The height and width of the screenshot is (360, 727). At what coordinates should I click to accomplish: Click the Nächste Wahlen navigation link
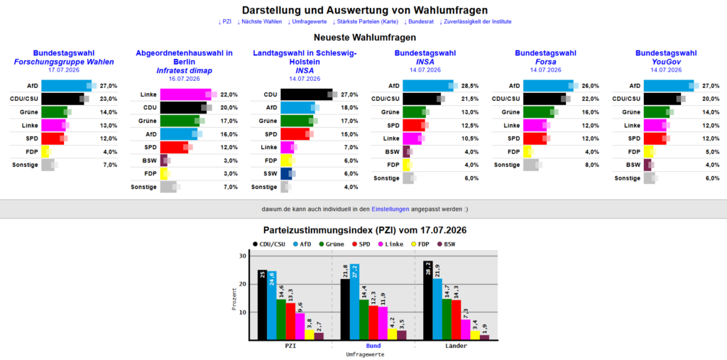pyautogui.click(x=259, y=22)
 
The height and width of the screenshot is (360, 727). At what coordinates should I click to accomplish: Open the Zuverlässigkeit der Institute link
pyautogui.click(x=475, y=22)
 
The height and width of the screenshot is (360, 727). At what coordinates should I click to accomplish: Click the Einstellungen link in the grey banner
pyautogui.click(x=390, y=209)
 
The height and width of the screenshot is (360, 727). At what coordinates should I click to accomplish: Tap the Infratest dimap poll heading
pyautogui.click(x=184, y=70)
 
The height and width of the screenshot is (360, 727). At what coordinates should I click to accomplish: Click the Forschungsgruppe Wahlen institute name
pyautogui.click(x=63, y=62)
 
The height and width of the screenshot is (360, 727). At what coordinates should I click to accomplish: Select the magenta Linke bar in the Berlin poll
pyautogui.click(x=185, y=94)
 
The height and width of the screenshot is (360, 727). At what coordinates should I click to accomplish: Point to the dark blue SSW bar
pyautogui.click(x=286, y=173)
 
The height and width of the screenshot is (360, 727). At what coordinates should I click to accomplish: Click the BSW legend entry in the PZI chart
pyautogui.click(x=447, y=244)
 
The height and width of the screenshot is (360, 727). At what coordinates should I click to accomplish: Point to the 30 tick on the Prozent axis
pyautogui.click(x=243, y=256)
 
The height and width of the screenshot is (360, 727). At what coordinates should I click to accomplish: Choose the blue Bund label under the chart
pyautogui.click(x=373, y=346)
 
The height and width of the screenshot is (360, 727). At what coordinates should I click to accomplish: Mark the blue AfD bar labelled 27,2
pyautogui.click(x=355, y=302)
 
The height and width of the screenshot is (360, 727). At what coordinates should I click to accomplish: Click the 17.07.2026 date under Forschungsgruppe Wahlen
pyautogui.click(x=64, y=70)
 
